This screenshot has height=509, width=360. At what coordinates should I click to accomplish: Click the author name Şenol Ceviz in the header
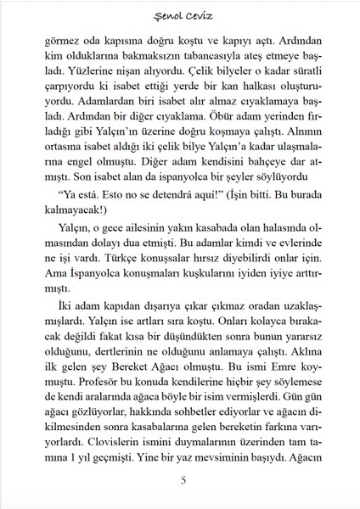pyautogui.click(x=179, y=14)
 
